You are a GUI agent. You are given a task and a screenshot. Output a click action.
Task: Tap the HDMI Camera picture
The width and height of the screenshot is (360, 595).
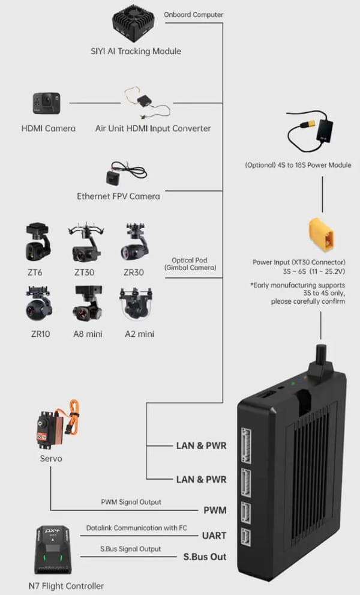point(46,103)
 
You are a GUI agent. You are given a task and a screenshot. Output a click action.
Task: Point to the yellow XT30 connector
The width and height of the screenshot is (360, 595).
point(320,235)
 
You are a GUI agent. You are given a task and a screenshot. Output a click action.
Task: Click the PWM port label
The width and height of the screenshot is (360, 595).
point(215,511)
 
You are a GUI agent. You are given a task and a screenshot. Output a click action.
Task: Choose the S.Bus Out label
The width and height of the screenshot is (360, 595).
point(205,557)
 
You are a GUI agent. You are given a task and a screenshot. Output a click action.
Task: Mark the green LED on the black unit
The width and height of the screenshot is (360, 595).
point(293,383)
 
